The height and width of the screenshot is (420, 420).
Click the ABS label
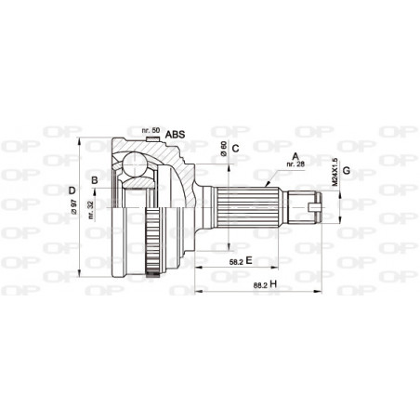[175, 134]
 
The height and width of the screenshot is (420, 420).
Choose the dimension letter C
[236, 148]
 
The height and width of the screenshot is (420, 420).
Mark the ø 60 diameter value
[224, 148]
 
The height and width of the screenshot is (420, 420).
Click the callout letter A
[295, 155]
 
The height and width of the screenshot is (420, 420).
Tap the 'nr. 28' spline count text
[295, 164]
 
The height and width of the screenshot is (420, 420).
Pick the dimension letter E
[250, 262]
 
